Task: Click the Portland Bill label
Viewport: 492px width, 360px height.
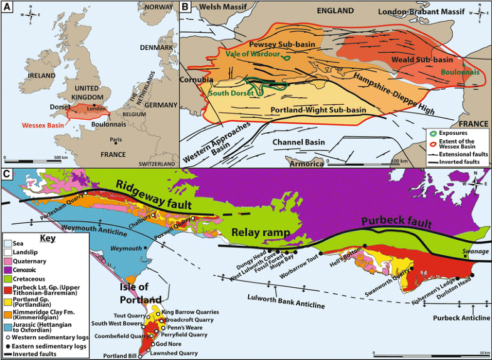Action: coord(120,356)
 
